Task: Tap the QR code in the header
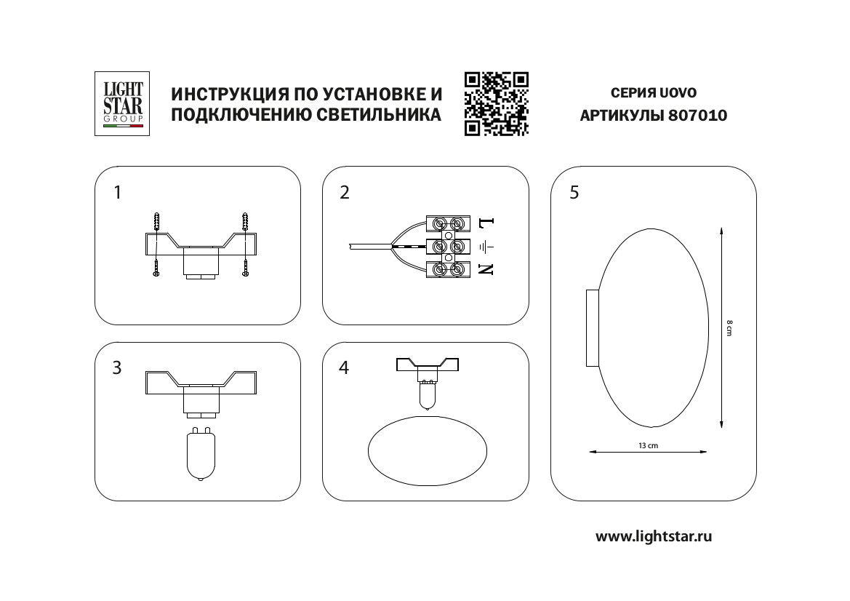pos(496,104)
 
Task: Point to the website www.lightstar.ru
pos(653,537)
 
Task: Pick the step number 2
pos(345,193)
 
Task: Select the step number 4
pos(345,368)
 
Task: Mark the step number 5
pos(574,193)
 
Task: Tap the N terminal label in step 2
pos(486,269)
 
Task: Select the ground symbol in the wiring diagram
pos(486,246)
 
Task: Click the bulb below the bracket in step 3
pos(199,455)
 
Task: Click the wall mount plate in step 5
pos(592,327)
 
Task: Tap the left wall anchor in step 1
pos(156,221)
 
